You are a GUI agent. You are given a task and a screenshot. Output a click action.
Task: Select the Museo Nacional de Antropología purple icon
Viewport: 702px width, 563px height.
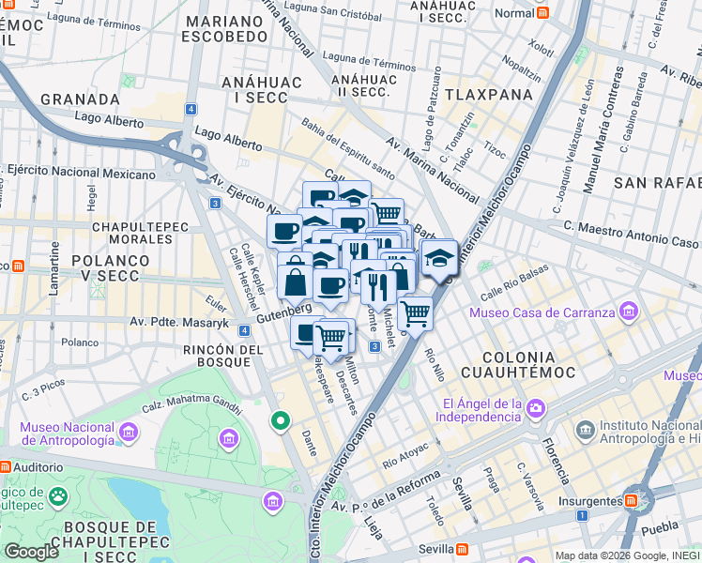pyautogui.click(x=130, y=433)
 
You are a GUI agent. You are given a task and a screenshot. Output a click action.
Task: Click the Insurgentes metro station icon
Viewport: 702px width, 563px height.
pyautogui.click(x=634, y=498)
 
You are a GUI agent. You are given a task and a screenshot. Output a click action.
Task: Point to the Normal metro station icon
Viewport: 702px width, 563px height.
pyautogui.click(x=542, y=13)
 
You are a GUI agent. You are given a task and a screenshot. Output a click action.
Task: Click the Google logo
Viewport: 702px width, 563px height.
pyautogui.click(x=31, y=551)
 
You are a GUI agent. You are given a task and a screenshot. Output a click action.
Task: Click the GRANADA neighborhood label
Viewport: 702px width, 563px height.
pyautogui.click(x=80, y=99)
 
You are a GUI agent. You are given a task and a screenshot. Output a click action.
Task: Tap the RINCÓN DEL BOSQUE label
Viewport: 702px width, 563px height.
pyautogui.click(x=222, y=358)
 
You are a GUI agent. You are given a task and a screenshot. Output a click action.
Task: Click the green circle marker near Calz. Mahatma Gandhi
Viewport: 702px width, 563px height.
pyautogui.click(x=279, y=421)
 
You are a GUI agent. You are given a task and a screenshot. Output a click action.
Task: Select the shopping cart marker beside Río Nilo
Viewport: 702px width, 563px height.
pyautogui.click(x=415, y=312)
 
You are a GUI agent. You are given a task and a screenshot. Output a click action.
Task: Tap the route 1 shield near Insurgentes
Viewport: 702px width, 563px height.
pyautogui.click(x=582, y=515)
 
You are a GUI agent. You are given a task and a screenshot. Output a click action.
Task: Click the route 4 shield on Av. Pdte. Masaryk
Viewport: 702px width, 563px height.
pyautogui.click(x=244, y=330)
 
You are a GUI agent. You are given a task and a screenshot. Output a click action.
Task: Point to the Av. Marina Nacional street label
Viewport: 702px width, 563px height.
pyautogui.click(x=433, y=168)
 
